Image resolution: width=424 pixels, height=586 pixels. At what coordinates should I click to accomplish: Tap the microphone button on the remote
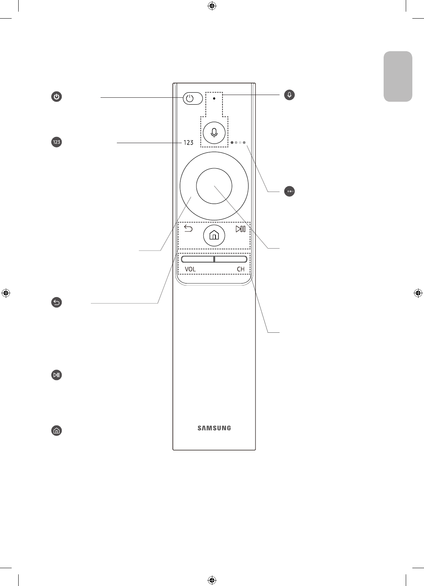[x=214, y=132]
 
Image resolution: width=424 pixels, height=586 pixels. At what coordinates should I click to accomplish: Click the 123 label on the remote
[x=188, y=143]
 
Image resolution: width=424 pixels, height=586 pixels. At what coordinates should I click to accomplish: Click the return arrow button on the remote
[x=188, y=229]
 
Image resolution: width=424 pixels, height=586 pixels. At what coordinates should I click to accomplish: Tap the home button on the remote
[x=214, y=235]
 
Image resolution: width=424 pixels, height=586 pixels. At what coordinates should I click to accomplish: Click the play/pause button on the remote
[x=240, y=229]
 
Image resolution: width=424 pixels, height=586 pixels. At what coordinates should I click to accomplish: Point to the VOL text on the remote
[x=190, y=269]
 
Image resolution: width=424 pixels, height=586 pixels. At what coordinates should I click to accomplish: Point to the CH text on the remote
[x=241, y=269]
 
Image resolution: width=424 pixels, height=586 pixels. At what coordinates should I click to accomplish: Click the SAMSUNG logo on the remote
[x=214, y=428]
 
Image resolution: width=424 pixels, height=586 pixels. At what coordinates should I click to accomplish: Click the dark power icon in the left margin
[x=57, y=97]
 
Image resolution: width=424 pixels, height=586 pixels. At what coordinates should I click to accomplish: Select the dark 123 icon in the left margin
[x=57, y=142]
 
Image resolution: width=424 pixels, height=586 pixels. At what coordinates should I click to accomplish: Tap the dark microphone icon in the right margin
[x=289, y=95]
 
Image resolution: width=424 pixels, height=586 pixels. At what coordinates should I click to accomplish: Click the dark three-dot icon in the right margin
[x=289, y=191]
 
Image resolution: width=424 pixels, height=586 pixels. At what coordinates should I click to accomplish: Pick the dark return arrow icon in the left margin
[x=57, y=303]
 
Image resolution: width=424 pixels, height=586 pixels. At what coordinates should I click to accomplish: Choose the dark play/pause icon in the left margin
[x=57, y=375]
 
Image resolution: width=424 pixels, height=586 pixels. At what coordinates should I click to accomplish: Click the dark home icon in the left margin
[x=57, y=430]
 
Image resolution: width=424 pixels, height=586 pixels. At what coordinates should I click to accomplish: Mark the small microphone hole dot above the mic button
[x=214, y=99]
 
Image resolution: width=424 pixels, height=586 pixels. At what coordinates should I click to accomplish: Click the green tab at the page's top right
[x=398, y=76]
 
